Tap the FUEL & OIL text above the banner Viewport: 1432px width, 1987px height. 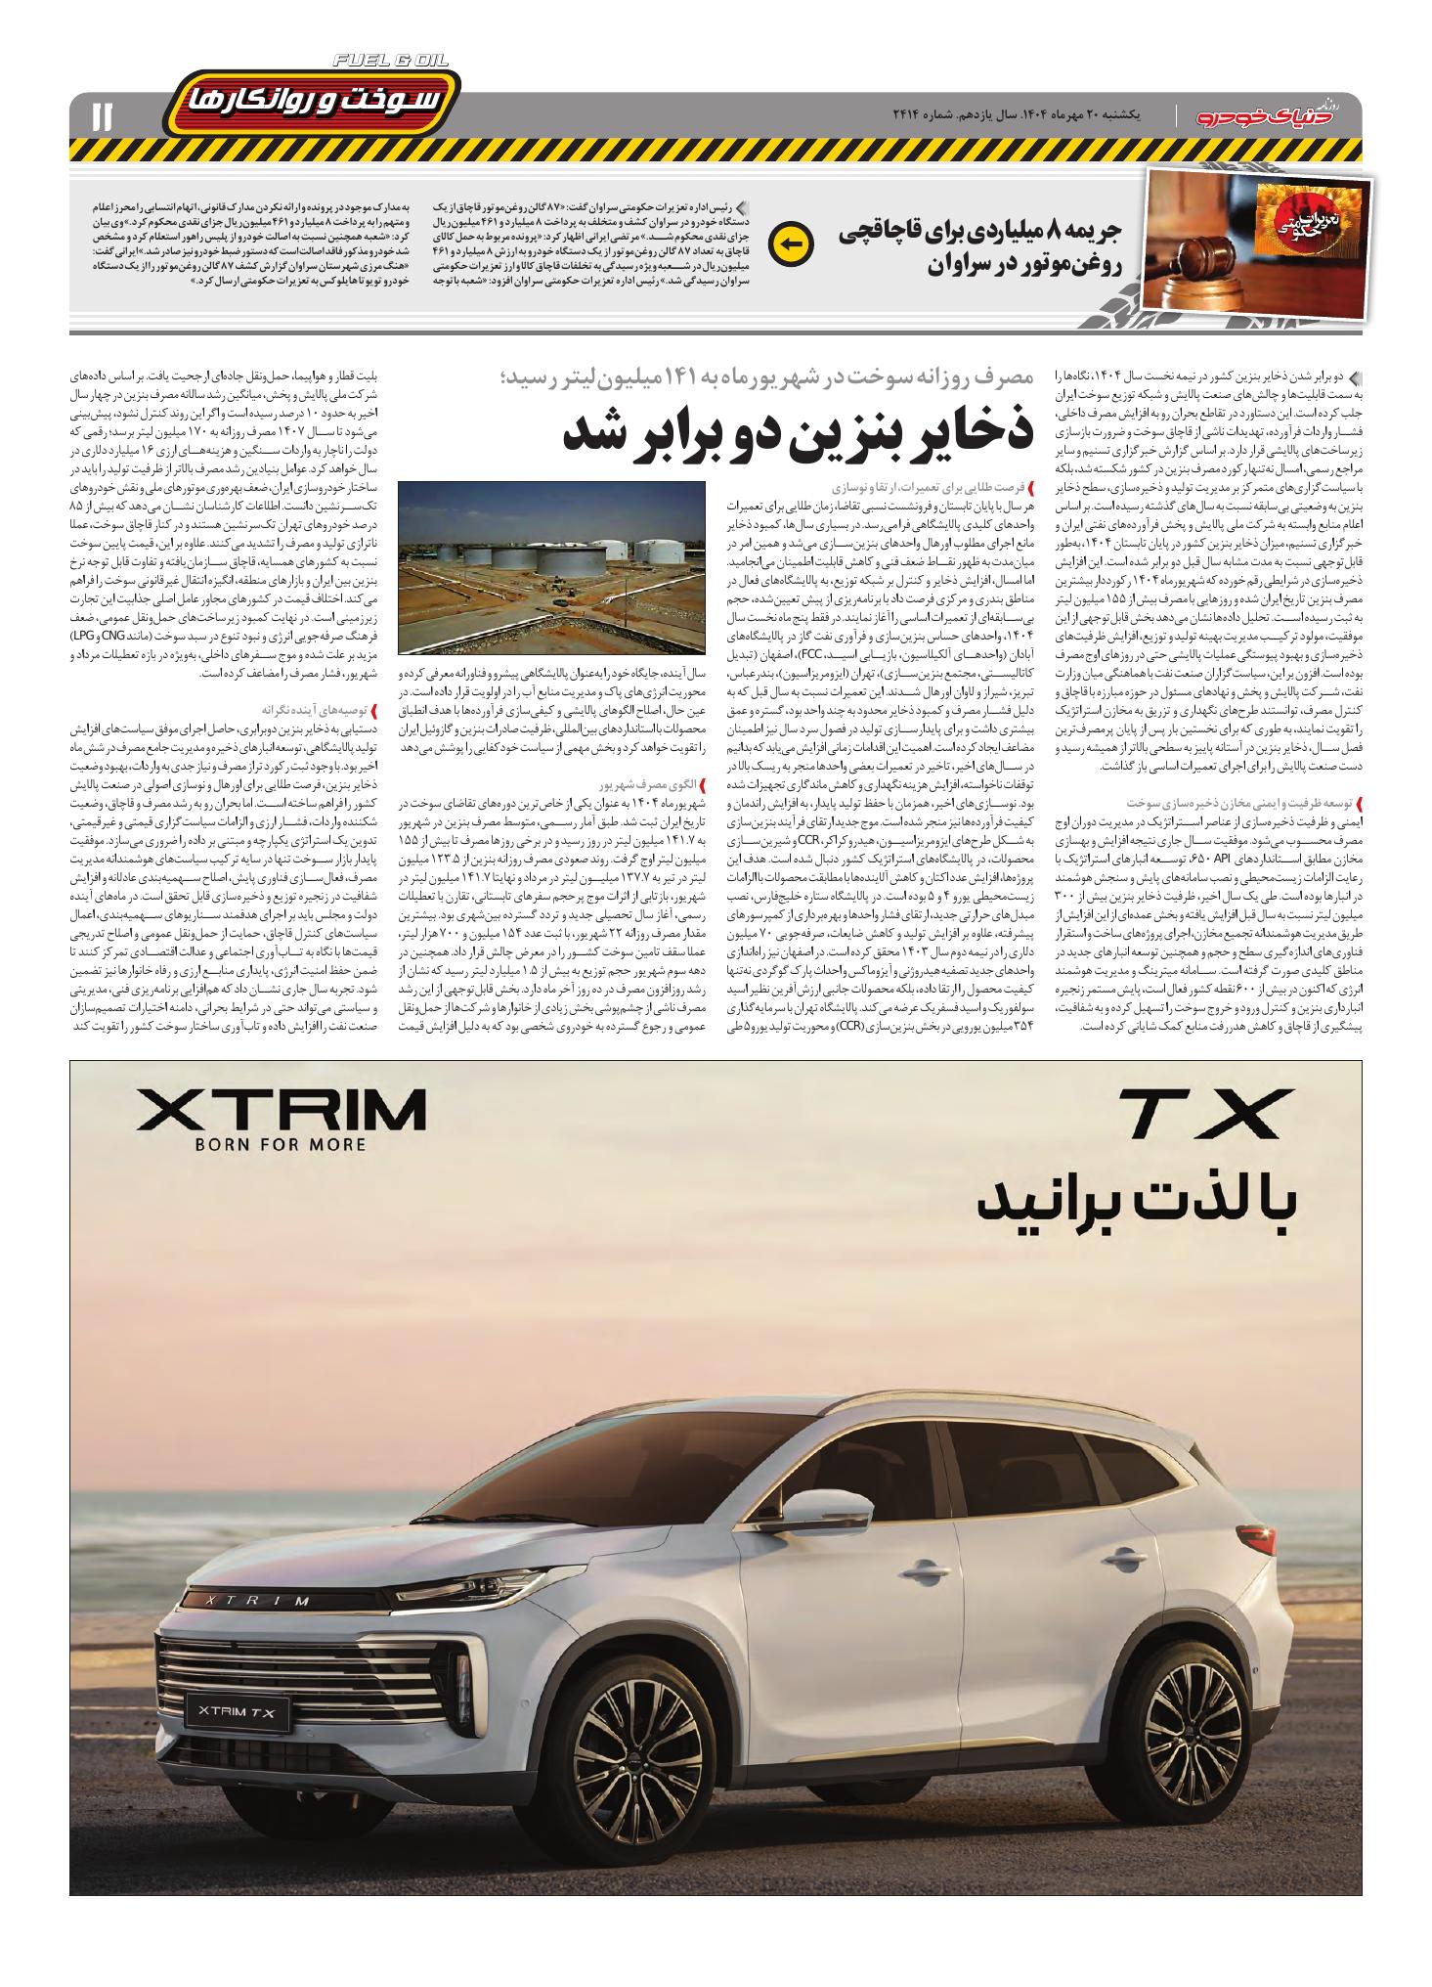tap(390, 61)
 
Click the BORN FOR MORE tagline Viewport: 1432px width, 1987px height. tap(280, 1144)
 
